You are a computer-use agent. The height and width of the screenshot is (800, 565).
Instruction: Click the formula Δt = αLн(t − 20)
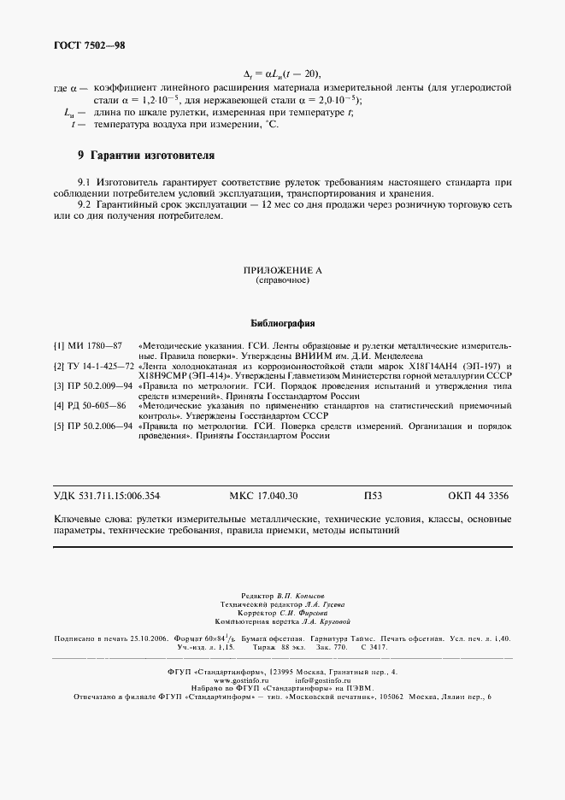tap(282, 74)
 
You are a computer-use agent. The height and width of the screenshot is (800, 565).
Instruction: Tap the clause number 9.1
tap(84, 182)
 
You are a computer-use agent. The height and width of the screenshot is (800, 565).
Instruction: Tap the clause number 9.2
tap(84, 204)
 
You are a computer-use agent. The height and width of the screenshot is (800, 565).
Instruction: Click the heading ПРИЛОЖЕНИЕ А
tap(282, 270)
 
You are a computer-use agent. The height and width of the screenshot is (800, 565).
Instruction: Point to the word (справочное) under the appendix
tap(282, 280)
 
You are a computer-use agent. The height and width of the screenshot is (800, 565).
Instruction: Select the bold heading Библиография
tap(282, 324)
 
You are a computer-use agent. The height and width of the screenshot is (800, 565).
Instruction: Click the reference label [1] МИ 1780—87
tap(88, 344)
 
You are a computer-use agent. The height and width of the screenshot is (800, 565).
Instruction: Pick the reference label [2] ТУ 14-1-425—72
tap(93, 366)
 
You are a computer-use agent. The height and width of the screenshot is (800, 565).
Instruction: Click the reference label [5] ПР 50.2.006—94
tap(93, 426)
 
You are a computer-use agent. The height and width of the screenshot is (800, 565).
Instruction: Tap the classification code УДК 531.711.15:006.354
tap(107, 497)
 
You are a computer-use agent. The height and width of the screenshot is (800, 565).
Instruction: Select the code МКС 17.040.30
tap(264, 497)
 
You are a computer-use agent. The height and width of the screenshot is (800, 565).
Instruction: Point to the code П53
tap(373, 497)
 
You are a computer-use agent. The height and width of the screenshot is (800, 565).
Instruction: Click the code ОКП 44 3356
tap(480, 497)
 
